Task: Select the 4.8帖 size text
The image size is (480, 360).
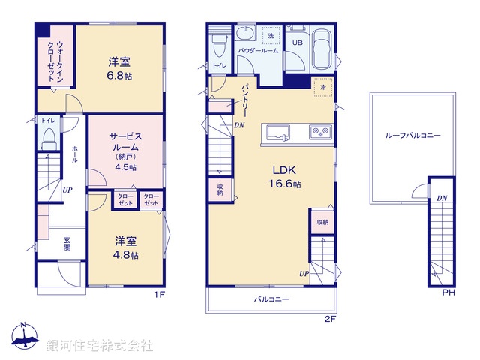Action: [x=126, y=254]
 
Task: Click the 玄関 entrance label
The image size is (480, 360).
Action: [x=67, y=244]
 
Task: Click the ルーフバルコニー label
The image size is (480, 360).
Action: [x=412, y=136]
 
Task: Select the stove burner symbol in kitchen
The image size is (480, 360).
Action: [x=322, y=133]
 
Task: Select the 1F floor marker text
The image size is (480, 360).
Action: [x=159, y=294]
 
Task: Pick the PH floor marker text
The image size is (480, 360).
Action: [x=448, y=293]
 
